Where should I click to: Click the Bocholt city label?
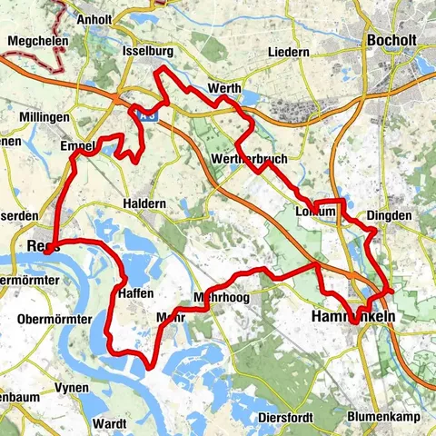tap(393, 40)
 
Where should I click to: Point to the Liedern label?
tap(289, 53)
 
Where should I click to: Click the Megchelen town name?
tap(31, 41)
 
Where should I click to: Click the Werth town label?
tap(223, 88)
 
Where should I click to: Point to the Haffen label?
tap(136, 292)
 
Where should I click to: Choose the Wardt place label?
tap(110, 423)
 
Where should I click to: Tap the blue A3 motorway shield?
tap(146, 114)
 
